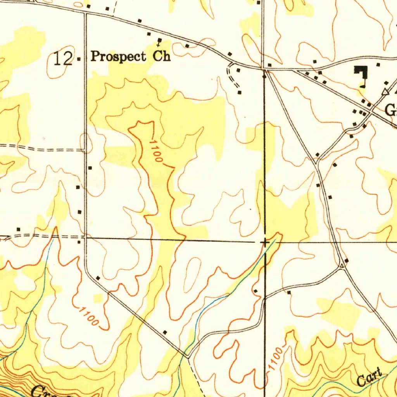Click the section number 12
64,59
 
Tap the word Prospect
119,57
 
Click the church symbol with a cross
159,41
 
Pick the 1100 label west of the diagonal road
89,316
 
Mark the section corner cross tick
265,243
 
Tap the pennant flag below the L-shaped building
363,85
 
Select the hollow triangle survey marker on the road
385,92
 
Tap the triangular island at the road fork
342,266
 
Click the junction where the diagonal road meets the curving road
188,354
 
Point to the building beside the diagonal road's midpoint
165,332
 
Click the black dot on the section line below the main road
264,76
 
